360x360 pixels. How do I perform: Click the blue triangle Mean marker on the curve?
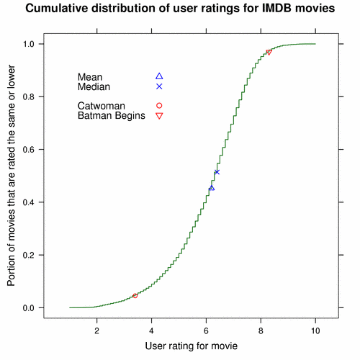tap(212, 188)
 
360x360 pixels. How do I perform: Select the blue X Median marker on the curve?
tap(217, 172)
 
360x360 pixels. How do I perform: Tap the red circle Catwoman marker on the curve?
tap(135, 296)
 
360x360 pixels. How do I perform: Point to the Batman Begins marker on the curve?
tap(269, 53)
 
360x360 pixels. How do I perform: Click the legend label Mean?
tap(90, 77)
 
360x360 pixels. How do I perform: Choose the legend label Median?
tap(94, 86)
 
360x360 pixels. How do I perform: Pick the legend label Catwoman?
tap(102, 106)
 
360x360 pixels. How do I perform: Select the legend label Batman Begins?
tap(112, 116)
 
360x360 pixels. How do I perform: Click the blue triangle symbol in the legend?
tap(159, 76)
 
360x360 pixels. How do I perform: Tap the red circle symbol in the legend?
tap(159, 106)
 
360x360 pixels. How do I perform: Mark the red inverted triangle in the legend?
tap(159, 116)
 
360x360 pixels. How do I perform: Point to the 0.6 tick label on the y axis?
tap(29, 150)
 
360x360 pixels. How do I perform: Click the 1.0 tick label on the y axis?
tap(29, 44)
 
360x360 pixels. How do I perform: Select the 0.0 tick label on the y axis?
tap(29, 308)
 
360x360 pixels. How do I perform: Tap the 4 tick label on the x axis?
tap(151, 331)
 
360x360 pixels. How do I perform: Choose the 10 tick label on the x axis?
tap(315, 331)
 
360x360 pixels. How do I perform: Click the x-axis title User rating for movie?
tap(192, 346)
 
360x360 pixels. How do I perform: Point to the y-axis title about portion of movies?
tap(11, 176)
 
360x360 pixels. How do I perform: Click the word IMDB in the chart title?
tap(276, 8)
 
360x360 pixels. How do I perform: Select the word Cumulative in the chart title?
tap(57, 8)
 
